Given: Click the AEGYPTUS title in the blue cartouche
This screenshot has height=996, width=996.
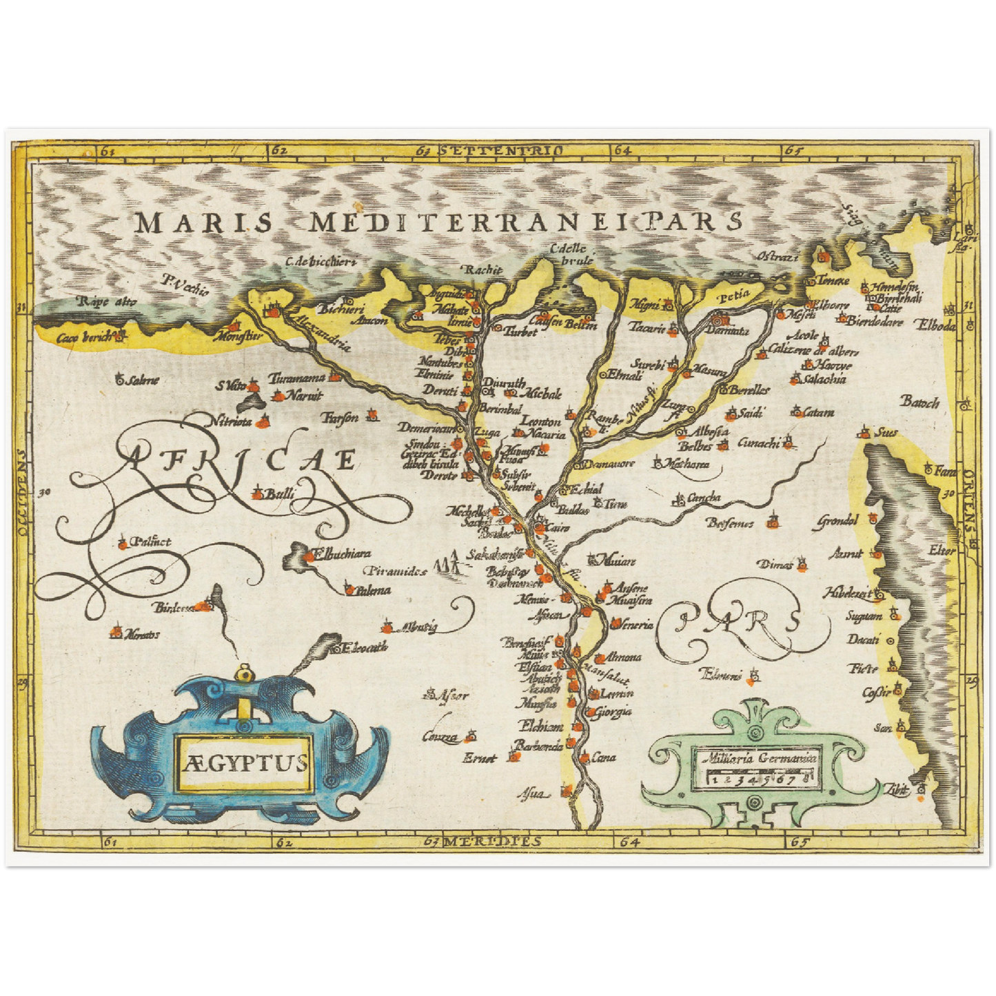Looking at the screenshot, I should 245,762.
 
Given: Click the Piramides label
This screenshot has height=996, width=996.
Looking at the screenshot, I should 396,571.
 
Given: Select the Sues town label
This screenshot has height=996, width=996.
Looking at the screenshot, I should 886,433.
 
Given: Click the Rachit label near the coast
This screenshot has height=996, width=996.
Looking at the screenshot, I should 482,270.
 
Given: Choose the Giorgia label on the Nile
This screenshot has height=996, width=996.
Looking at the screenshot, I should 613,711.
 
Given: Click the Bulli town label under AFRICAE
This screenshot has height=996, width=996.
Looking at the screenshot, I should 280,494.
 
